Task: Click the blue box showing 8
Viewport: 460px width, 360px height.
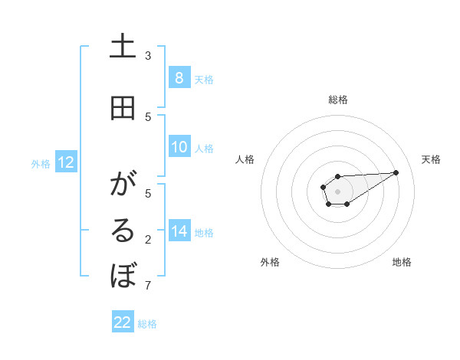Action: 179,77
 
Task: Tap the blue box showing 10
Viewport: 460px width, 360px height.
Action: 179,147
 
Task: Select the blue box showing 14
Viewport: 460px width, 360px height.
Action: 179,231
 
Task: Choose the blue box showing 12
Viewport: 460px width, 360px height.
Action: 65,162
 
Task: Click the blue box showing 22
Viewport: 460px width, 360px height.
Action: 123,322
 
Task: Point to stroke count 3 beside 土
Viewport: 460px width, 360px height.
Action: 148,55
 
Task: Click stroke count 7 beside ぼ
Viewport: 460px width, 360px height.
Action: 148,286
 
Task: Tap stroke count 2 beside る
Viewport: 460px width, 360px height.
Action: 148,240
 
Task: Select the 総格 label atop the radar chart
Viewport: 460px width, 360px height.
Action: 337,100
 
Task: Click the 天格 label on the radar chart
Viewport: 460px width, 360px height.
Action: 431,159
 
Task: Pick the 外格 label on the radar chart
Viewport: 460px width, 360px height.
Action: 270,262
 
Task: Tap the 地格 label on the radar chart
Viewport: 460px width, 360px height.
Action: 402,262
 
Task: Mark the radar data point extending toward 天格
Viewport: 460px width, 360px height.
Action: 396,172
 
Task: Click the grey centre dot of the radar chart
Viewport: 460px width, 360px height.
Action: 337,191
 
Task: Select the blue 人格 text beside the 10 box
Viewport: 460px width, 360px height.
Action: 204,148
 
